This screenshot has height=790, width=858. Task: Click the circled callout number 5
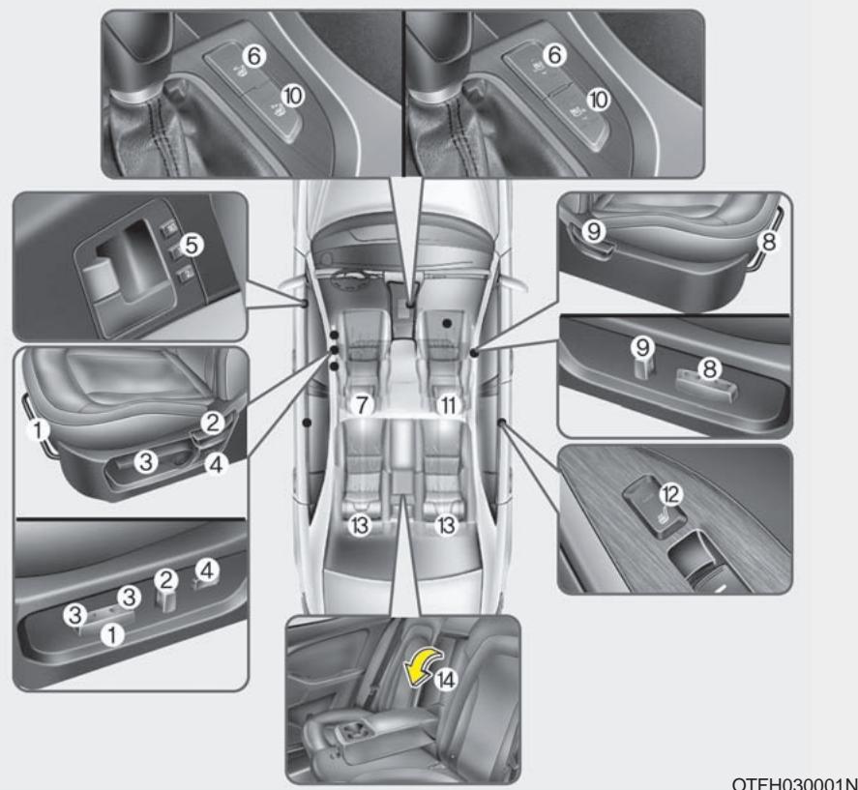coord(192,245)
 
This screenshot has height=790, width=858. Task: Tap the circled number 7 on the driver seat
coord(361,405)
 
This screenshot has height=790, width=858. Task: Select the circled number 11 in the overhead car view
coord(448,405)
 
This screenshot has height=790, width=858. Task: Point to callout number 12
coord(671,494)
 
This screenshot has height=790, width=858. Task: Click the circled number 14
coord(446,680)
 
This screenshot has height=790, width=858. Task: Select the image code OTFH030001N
coord(794,783)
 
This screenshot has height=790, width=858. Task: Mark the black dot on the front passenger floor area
coord(448,323)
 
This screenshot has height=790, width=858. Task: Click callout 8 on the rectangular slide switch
coord(709,368)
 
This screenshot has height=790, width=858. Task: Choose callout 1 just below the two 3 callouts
coord(112,635)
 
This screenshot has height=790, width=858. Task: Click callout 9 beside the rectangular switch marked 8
coord(643,347)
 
